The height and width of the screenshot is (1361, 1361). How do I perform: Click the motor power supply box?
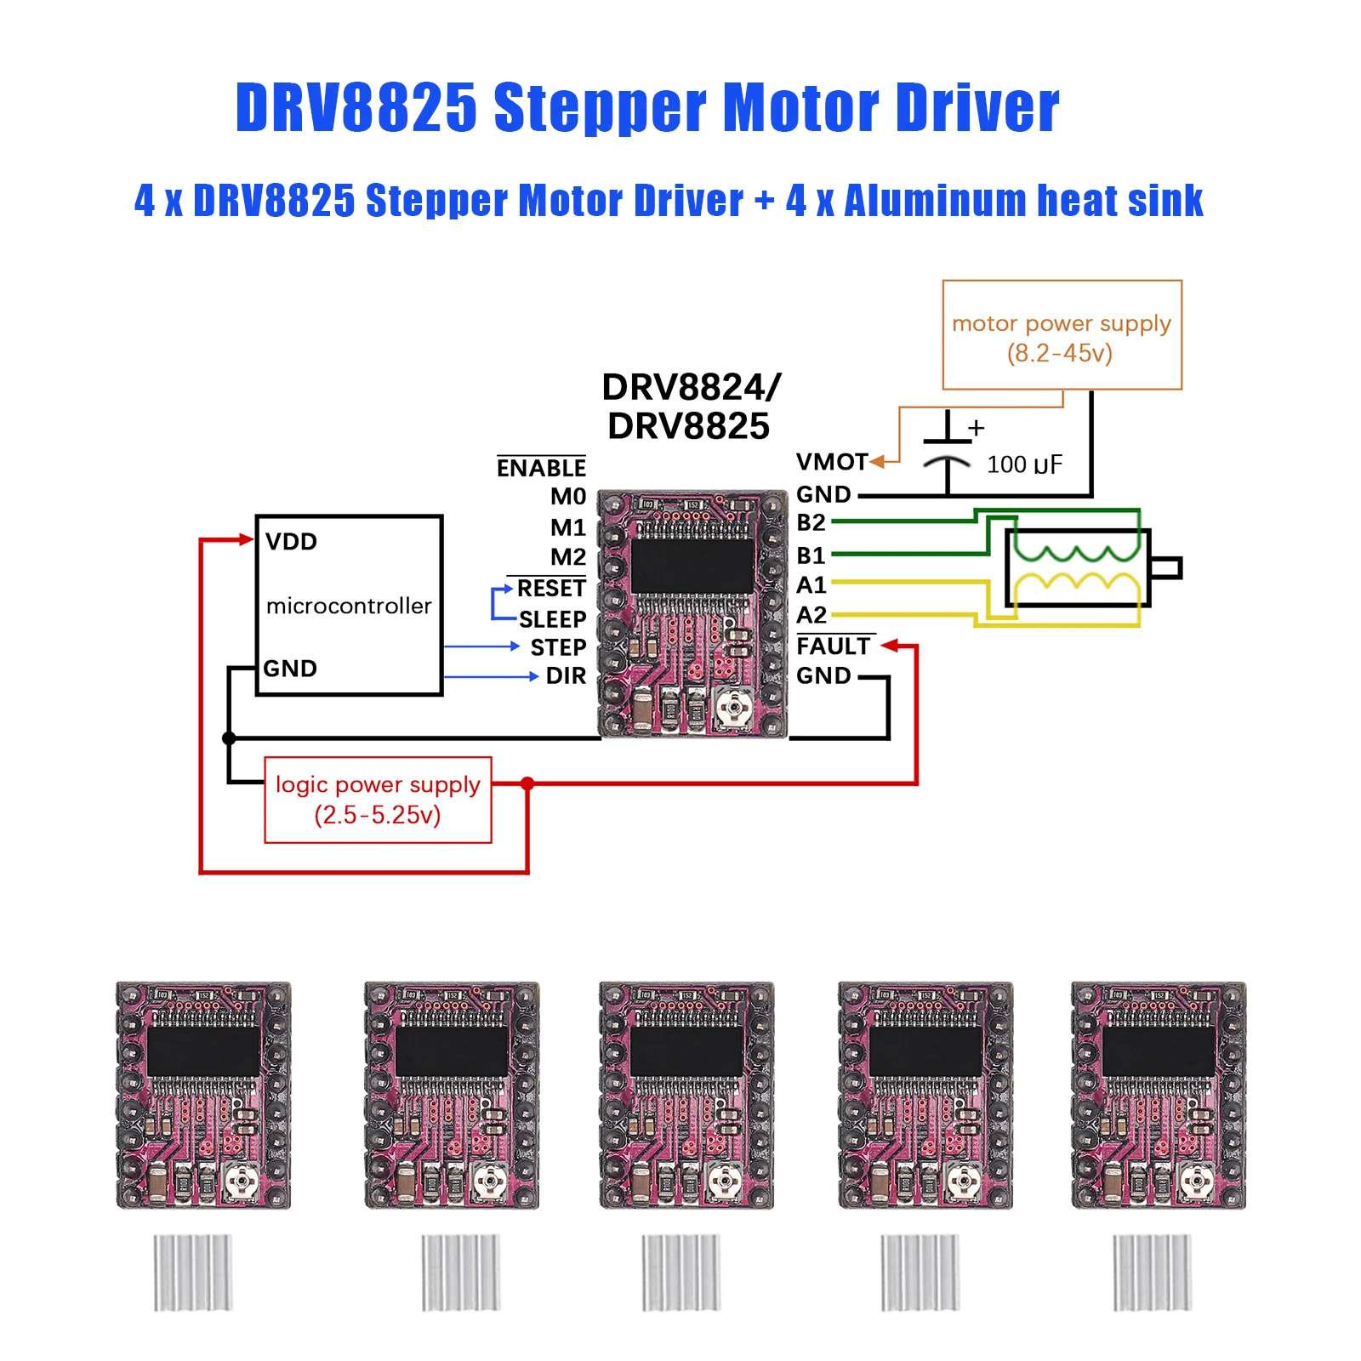[1062, 335]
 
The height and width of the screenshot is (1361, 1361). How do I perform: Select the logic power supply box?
[378, 800]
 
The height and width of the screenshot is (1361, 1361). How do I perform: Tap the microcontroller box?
[349, 605]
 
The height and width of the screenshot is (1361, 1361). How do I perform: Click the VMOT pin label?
[831, 462]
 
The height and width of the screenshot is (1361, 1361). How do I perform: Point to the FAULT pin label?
[834, 646]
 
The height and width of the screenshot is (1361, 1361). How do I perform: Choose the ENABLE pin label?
[541, 468]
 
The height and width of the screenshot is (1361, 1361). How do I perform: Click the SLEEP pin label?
[552, 619]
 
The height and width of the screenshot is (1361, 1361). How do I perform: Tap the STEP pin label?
[558, 648]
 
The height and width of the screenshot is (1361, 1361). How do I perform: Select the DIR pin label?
[566, 676]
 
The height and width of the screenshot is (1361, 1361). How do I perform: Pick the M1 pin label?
[567, 527]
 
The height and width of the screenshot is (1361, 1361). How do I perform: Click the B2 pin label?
[811, 522]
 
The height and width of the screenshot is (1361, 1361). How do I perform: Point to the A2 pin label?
[811, 615]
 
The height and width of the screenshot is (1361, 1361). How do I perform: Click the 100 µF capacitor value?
[1024, 464]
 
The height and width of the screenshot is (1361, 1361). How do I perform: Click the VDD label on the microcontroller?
[291, 542]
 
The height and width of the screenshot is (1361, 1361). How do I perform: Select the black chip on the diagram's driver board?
[692, 565]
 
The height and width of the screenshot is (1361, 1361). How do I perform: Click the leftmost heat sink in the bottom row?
[192, 1273]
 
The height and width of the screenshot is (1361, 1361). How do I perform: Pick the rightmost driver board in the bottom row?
[1159, 1096]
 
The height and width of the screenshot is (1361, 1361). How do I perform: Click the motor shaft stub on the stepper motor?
[1165, 567]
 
